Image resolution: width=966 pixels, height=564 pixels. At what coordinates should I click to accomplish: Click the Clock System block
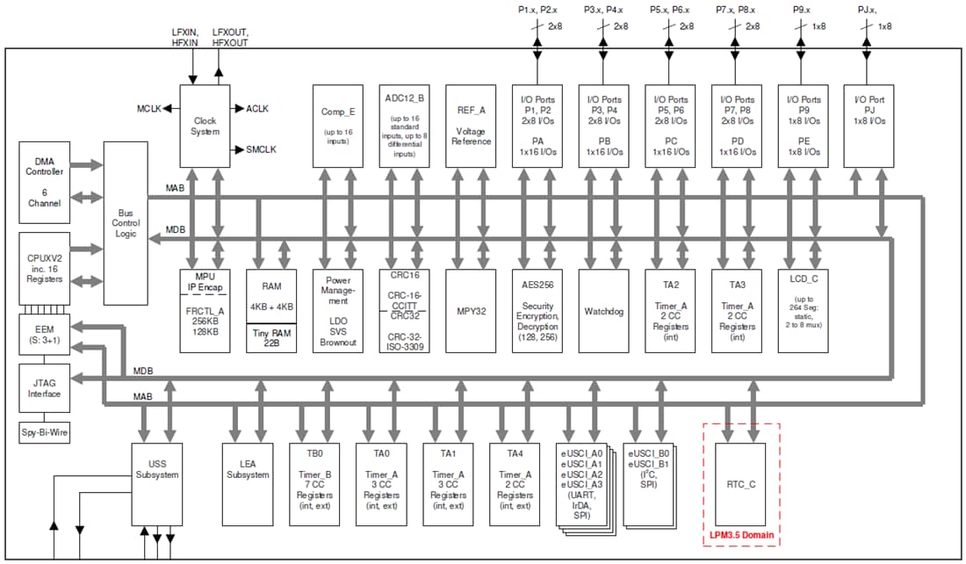tap(205, 126)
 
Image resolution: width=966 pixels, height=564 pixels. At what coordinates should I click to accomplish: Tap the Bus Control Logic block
tap(126, 223)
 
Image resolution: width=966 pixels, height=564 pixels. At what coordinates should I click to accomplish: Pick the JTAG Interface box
tap(44, 388)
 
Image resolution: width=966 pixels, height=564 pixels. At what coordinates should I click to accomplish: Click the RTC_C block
tap(740, 483)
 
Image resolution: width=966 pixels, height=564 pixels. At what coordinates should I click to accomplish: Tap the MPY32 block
tap(472, 310)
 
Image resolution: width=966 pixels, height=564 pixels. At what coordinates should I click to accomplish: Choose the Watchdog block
tap(604, 310)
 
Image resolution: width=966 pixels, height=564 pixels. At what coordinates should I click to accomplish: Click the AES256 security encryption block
tap(537, 310)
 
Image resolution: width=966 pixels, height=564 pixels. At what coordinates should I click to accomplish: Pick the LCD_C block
tap(803, 310)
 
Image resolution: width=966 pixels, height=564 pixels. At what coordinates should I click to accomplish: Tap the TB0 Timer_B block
tap(314, 482)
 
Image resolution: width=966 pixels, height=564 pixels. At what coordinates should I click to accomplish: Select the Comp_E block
tap(338, 126)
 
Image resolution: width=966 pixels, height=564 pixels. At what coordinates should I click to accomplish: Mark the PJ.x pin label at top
tap(866, 9)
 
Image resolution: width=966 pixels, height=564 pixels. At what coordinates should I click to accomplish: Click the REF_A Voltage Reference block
tap(472, 126)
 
